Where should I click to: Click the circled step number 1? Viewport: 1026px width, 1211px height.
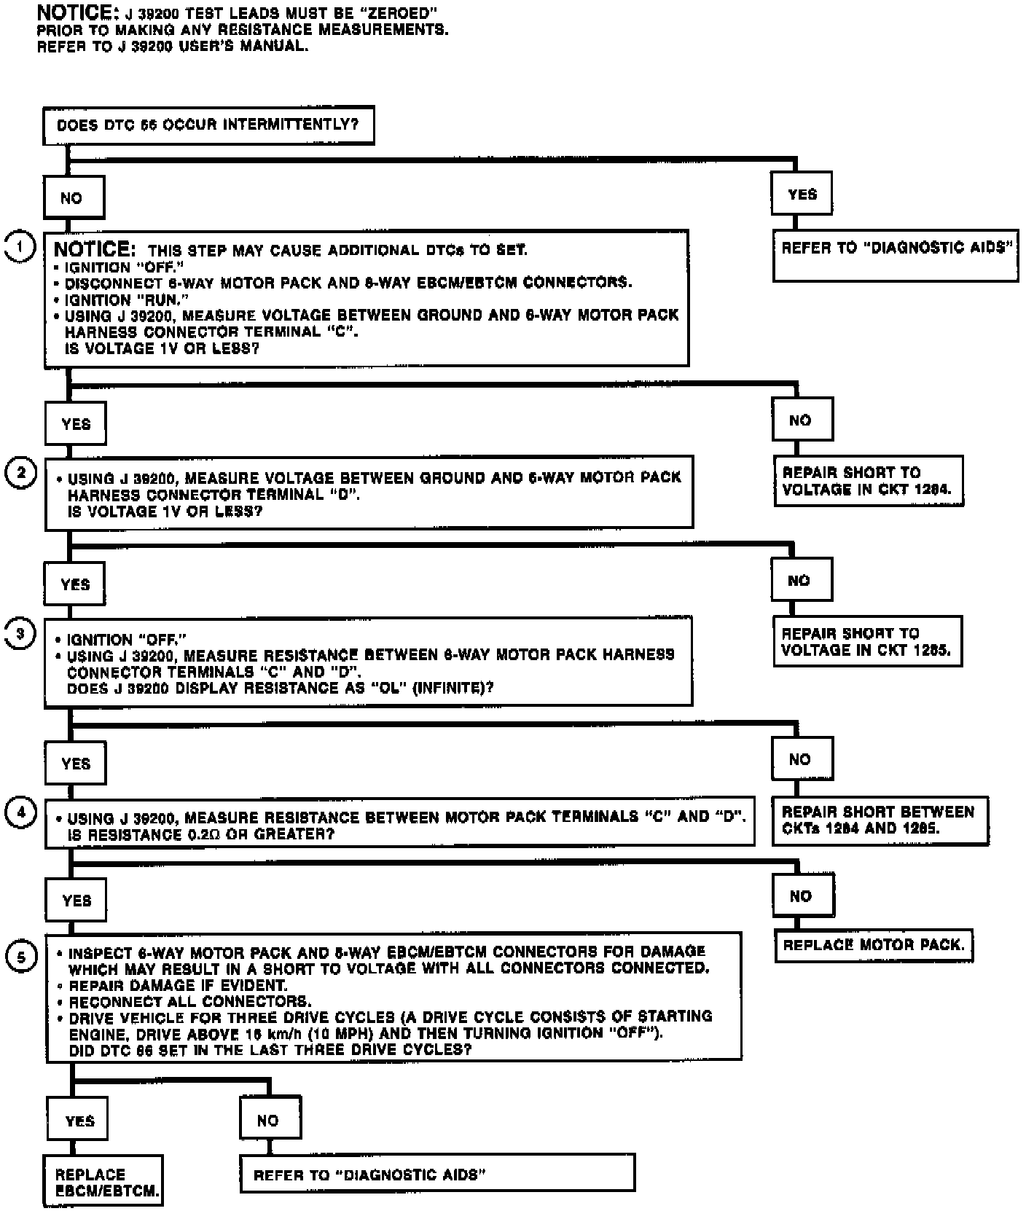[x=20, y=247]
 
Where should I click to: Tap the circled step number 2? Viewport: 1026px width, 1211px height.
[x=21, y=473]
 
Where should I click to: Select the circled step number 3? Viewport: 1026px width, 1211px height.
[x=21, y=633]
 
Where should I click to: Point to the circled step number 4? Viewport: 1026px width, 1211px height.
[x=21, y=812]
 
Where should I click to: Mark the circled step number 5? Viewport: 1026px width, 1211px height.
[x=21, y=957]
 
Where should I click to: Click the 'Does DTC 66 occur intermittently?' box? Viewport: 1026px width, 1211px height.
[x=208, y=125]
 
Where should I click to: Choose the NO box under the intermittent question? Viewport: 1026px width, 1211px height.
[x=74, y=197]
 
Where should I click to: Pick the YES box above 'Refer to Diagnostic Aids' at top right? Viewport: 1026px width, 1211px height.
[x=802, y=194]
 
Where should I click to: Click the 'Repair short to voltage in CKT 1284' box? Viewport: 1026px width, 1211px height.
[x=867, y=481]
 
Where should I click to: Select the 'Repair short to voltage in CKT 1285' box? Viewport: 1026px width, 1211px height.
[x=867, y=641]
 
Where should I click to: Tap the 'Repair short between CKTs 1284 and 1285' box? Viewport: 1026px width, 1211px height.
[x=880, y=820]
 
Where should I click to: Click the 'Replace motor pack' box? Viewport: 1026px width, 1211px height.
[x=873, y=945]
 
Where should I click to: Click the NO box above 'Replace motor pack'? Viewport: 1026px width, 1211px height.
[x=803, y=895]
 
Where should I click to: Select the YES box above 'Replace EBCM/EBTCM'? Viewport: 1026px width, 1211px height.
[x=78, y=1121]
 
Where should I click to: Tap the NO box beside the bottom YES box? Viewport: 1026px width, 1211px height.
[x=270, y=1121]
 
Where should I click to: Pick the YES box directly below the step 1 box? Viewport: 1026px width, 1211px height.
[x=75, y=424]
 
